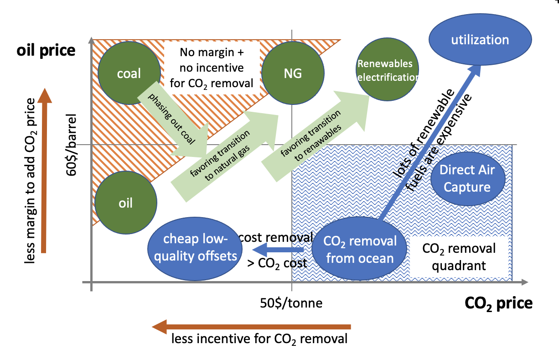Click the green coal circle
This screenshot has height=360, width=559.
click(x=129, y=73)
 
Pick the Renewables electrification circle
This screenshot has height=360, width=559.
click(x=387, y=70)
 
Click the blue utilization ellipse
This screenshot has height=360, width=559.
click(x=480, y=40)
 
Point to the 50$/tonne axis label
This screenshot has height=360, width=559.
click(x=291, y=303)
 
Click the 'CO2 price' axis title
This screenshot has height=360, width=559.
click(x=498, y=303)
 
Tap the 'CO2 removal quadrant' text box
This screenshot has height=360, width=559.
click(x=459, y=257)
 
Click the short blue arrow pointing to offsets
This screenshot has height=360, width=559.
click(x=278, y=250)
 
